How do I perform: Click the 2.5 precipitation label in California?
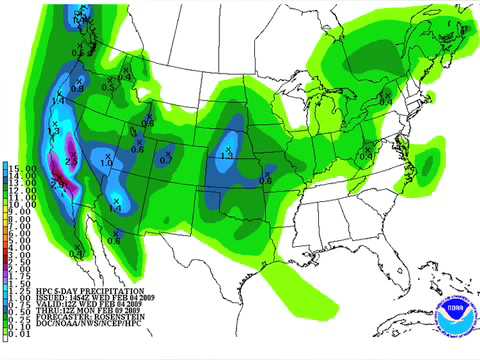(x=71, y=160)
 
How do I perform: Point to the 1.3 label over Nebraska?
(x=226, y=157)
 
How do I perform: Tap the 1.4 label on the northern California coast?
(x=57, y=101)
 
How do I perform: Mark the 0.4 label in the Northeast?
(x=384, y=99)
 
